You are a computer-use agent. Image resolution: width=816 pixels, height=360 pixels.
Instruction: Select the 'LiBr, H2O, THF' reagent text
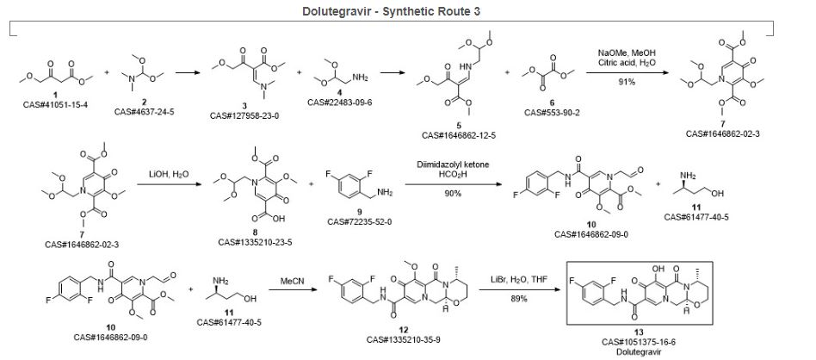[508, 279]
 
